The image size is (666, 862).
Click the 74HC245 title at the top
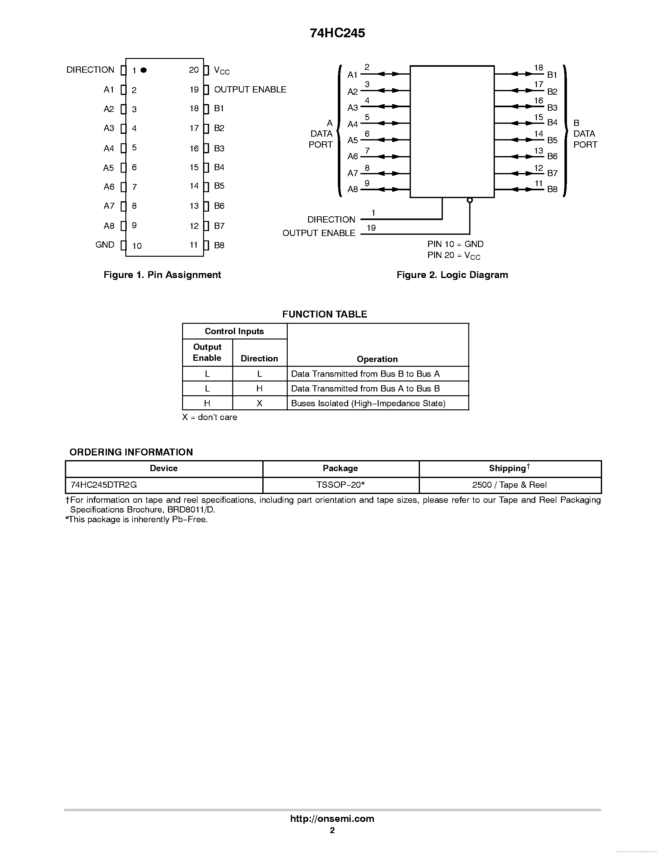(337, 33)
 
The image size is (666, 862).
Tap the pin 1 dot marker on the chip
(144, 70)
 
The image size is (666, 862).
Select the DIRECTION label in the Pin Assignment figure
(90, 70)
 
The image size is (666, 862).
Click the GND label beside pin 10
(105, 245)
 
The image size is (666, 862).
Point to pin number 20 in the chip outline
(194, 70)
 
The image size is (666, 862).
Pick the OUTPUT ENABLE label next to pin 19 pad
(250, 90)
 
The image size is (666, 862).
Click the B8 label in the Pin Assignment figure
(219, 245)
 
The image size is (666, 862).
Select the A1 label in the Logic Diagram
(352, 75)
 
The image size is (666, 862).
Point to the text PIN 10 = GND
(455, 244)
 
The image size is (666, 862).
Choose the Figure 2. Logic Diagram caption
(452, 275)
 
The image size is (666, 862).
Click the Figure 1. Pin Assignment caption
(162, 275)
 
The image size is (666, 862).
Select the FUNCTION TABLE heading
(324, 314)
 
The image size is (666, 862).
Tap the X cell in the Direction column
(259, 403)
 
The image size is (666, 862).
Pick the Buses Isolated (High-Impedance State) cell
(368, 403)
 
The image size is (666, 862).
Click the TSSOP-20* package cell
(340, 485)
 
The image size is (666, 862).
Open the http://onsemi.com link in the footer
(332, 818)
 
